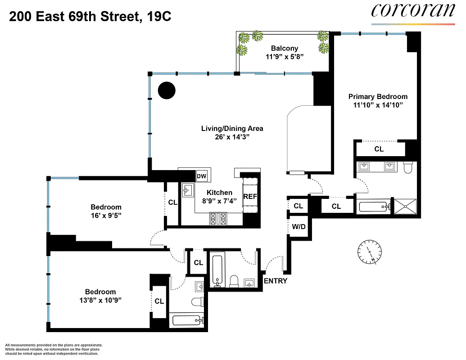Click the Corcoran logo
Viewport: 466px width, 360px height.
(x=413, y=12)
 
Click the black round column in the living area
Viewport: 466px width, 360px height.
(x=166, y=90)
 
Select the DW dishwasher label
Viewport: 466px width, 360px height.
(x=201, y=176)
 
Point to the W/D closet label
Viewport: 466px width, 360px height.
(x=298, y=226)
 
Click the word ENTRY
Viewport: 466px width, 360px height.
(x=275, y=281)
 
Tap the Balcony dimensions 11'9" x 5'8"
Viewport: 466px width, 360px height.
(x=284, y=57)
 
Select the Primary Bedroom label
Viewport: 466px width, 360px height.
(x=378, y=96)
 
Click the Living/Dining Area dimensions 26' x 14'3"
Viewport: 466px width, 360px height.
(x=232, y=137)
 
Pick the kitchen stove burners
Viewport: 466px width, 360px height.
(x=218, y=219)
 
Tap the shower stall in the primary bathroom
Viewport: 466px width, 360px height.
(x=406, y=206)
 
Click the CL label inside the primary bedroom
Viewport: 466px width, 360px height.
(x=379, y=149)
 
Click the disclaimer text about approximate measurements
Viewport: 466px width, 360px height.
(x=52, y=349)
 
